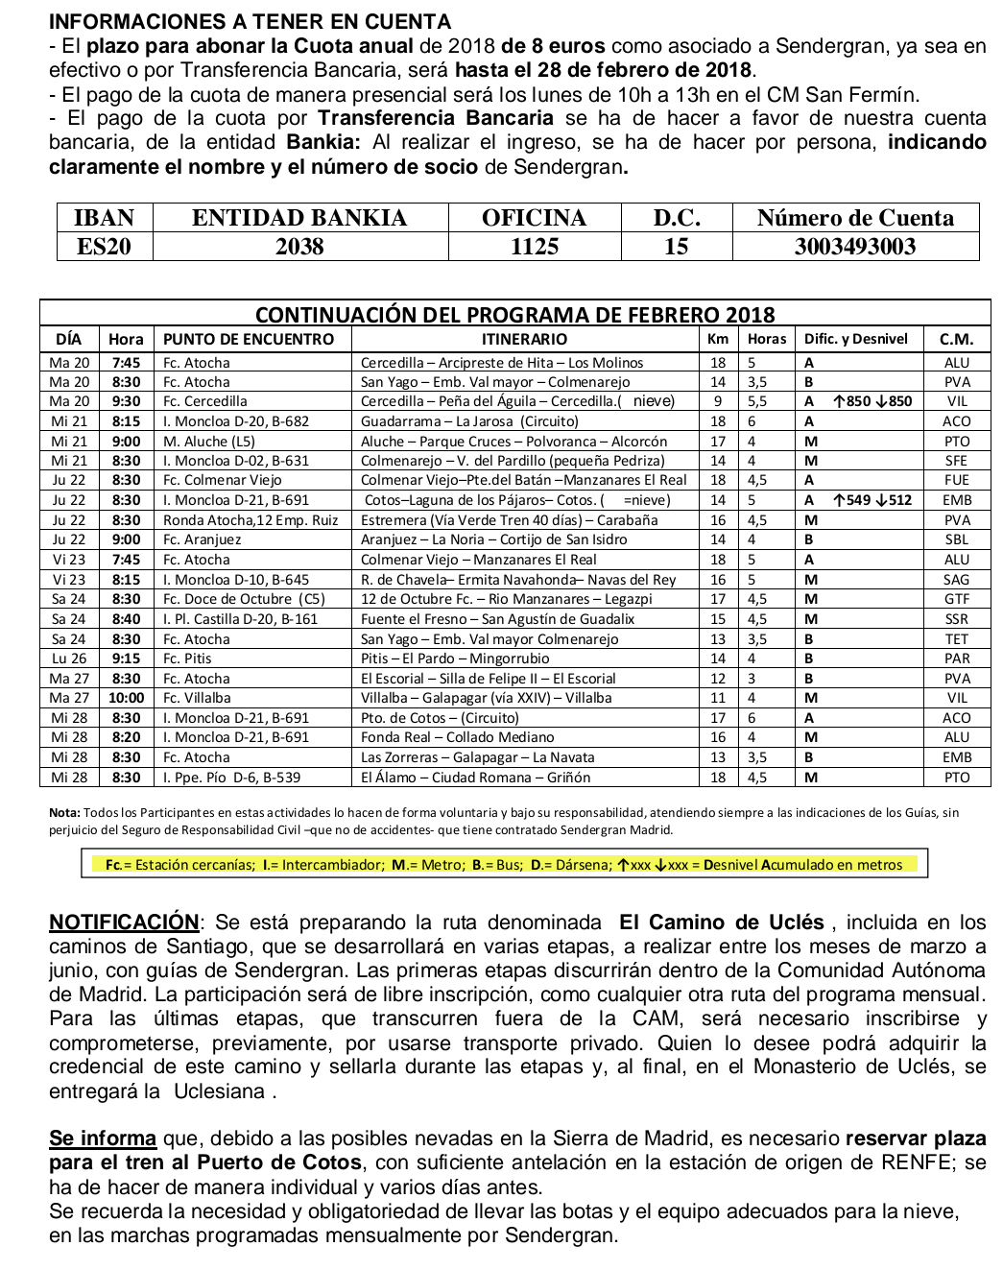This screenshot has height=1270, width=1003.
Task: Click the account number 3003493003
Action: click(x=854, y=247)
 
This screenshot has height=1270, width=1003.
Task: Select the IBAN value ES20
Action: click(x=105, y=247)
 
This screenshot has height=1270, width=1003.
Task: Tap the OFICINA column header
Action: click(x=534, y=218)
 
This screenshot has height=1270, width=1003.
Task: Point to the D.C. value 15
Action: click(x=676, y=247)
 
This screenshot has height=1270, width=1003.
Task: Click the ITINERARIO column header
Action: click(x=524, y=339)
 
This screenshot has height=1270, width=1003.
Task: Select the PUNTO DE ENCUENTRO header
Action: click(x=249, y=339)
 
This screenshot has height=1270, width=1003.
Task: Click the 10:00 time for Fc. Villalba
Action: click(x=126, y=698)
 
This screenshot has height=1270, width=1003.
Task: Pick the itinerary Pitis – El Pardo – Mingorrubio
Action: click(x=455, y=659)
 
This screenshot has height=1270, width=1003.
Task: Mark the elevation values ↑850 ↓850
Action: click(x=872, y=401)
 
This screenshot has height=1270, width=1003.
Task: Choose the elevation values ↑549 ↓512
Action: click(x=872, y=500)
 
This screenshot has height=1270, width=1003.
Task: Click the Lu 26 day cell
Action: click(x=69, y=659)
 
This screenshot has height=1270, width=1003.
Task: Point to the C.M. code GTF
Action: click(x=956, y=599)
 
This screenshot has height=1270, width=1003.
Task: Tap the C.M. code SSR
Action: click(x=956, y=619)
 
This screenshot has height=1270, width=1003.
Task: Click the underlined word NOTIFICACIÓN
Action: click(x=124, y=923)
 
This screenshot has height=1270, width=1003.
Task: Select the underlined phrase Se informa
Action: click(x=103, y=1139)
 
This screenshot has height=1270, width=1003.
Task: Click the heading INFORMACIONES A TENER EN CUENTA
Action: click(x=250, y=22)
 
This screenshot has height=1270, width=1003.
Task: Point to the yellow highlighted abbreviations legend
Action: click(x=504, y=864)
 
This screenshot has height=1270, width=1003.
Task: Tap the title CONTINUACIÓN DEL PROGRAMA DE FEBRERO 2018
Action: click(x=514, y=315)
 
